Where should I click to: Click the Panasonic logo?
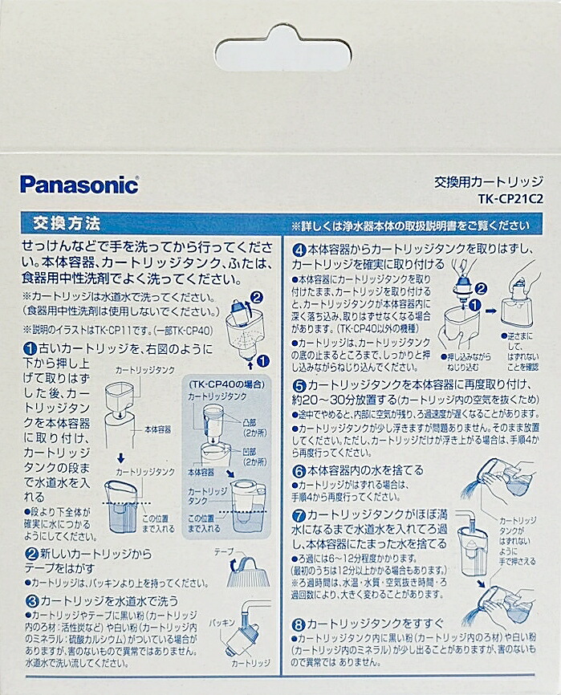(79, 184)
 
